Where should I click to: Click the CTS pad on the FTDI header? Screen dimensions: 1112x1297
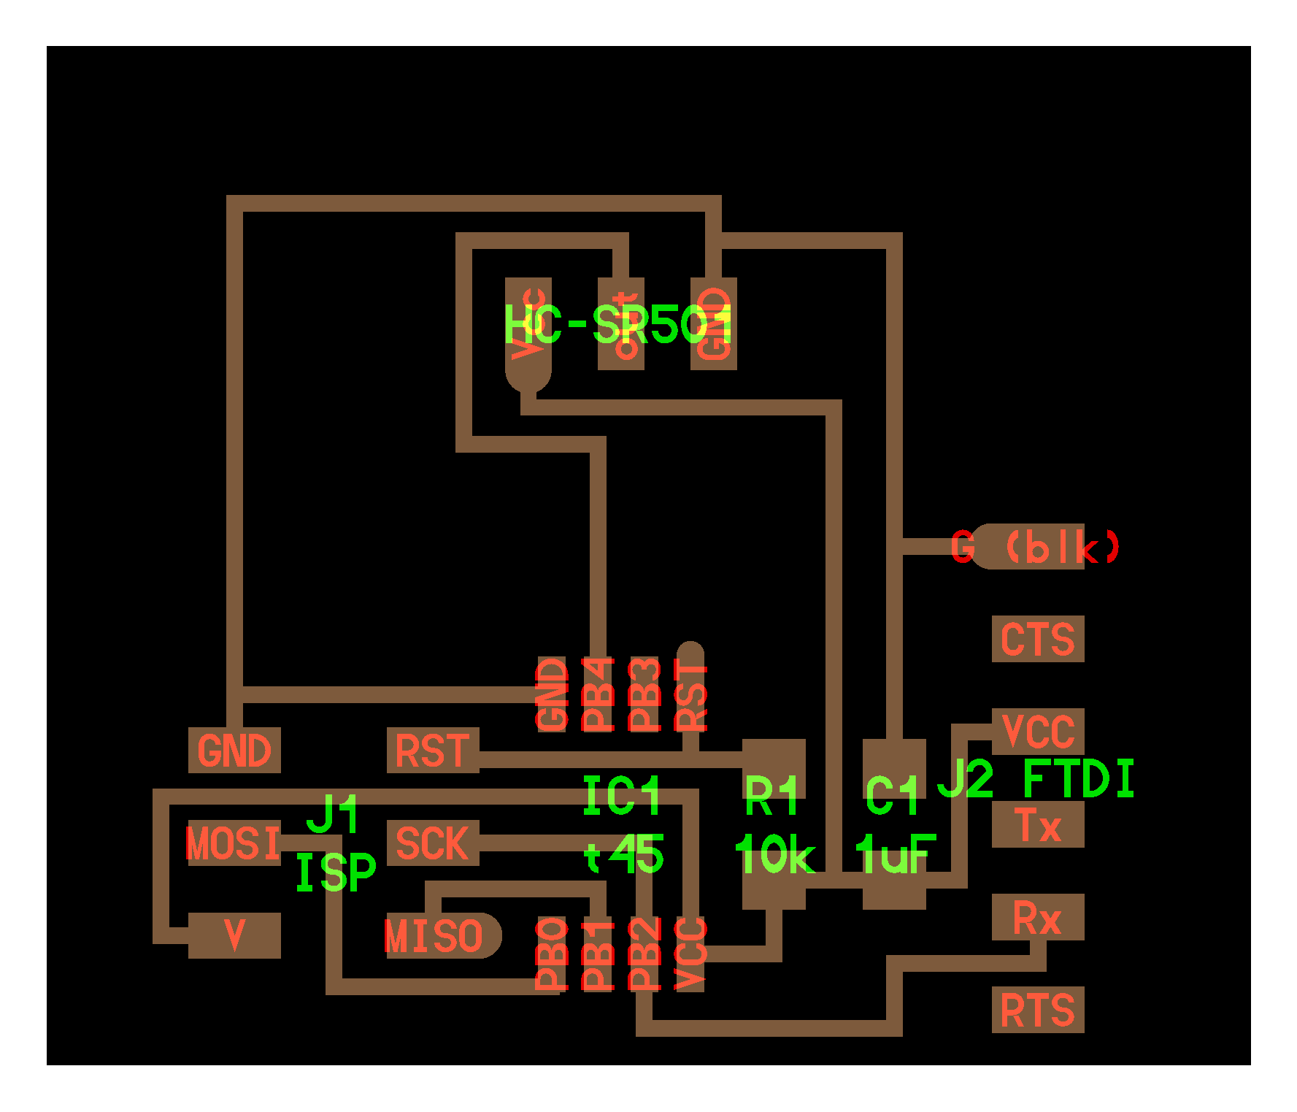[x=1037, y=639]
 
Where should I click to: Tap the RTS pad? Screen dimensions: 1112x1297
[x=1037, y=1010]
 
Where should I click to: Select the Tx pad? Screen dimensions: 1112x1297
[x=1037, y=825]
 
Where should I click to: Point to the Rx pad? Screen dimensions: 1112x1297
[x=1037, y=917]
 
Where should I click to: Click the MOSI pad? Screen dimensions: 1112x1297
[x=234, y=843]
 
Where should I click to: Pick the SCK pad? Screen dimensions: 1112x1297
[x=432, y=843]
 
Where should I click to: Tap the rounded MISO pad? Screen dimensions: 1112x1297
[x=438, y=935]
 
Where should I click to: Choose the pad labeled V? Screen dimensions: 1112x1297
[x=234, y=935]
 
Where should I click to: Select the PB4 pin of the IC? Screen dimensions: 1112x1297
[x=598, y=694]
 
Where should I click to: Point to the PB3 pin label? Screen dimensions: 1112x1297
[x=644, y=694]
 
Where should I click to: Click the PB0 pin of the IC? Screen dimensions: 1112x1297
[x=552, y=954]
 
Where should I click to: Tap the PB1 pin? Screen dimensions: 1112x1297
[x=598, y=954]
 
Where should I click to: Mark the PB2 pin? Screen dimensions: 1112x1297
[x=644, y=954]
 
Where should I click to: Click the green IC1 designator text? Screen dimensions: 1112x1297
[x=621, y=796]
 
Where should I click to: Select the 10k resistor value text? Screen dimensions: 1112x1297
[x=774, y=855]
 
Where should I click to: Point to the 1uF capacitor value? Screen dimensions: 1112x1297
[x=895, y=855]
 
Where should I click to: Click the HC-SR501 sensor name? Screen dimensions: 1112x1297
[x=617, y=325]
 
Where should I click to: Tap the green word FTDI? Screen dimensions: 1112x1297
[x=1078, y=779]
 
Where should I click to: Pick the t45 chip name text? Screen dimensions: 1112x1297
[x=624, y=855]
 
